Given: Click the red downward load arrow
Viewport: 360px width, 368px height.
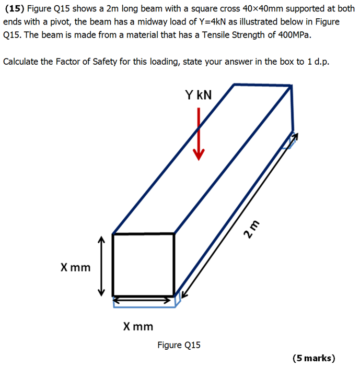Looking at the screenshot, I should tap(199, 133).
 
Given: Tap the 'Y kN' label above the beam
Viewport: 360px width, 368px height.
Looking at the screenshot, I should tap(199, 96).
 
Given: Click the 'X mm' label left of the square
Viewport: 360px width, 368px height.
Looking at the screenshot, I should tap(75, 268).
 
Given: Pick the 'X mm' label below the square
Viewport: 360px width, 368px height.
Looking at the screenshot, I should tap(138, 327).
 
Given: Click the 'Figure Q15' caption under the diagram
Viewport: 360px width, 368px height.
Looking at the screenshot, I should tap(179, 345).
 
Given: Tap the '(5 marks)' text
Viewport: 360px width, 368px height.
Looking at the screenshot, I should tap(313, 358).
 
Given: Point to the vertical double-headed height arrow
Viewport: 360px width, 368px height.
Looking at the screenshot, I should tap(102, 265).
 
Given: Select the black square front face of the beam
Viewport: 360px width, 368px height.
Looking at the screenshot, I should tap(144, 265).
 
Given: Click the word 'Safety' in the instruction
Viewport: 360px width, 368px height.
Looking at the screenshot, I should tap(107, 62).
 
